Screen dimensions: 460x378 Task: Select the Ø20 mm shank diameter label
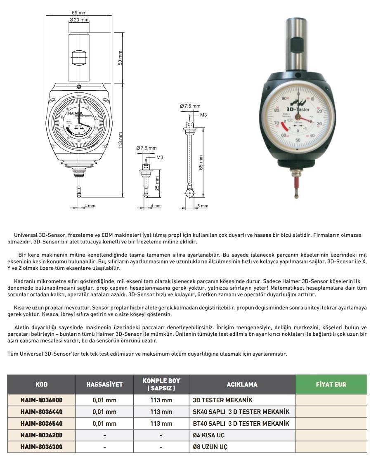(x=79, y=20)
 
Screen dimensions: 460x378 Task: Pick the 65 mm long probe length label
(x=201, y=163)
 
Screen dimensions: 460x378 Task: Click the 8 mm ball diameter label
(x=203, y=206)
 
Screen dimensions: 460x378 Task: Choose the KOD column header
(x=41, y=385)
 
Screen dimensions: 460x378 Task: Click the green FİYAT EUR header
(x=331, y=385)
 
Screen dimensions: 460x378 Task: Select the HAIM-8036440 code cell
(x=41, y=412)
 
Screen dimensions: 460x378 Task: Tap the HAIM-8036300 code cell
(x=41, y=447)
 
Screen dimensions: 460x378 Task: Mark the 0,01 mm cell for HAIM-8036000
(x=104, y=400)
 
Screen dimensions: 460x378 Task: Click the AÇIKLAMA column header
(x=242, y=385)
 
